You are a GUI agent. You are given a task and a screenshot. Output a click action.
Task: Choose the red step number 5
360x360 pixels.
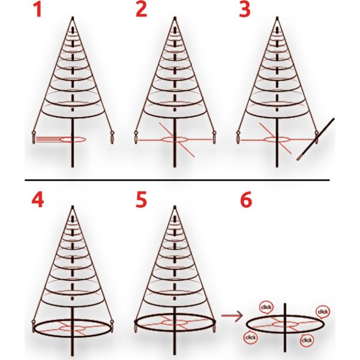(x=141, y=199)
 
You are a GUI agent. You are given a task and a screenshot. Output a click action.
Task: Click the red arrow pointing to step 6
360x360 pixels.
(x=232, y=316)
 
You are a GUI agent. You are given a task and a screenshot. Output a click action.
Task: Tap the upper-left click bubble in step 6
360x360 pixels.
(x=266, y=307)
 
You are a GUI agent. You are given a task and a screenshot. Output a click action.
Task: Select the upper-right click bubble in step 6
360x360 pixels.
(x=322, y=312)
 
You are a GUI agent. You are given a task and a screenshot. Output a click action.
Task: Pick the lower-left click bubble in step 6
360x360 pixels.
(x=250, y=337)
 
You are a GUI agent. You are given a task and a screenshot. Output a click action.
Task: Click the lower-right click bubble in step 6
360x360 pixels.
(x=307, y=340)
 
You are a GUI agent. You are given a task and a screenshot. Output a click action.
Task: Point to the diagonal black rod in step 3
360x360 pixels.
(x=316, y=139)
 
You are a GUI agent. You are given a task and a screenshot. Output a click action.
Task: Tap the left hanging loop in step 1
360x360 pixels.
(x=34, y=138)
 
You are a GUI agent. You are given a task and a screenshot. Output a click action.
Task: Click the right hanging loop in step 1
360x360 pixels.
(x=112, y=137)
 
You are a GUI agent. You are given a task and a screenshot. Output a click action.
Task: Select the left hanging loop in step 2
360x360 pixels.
(x=136, y=137)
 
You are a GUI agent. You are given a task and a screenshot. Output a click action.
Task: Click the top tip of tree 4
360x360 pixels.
(x=73, y=206)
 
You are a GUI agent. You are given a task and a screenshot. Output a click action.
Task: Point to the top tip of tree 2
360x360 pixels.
(x=175, y=17)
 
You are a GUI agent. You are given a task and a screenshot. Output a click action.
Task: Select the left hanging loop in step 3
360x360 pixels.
(x=238, y=137)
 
